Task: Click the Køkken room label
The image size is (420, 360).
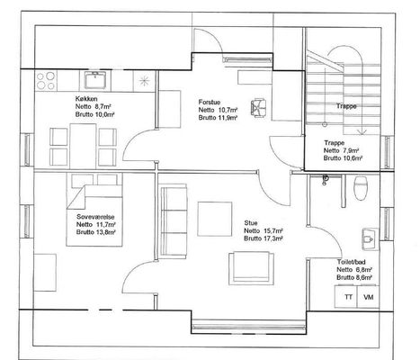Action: pos(86,99)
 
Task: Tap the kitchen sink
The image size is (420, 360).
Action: pos(95,80)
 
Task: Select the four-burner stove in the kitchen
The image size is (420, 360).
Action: pos(46,80)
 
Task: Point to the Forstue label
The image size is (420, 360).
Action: pos(210,103)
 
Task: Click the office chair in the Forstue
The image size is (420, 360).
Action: pos(258,107)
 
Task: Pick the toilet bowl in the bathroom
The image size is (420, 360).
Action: pos(361,188)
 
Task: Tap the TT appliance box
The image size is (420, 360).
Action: pos(348,297)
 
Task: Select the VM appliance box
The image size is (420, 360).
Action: pos(369,297)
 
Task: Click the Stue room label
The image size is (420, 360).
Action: pos(251,223)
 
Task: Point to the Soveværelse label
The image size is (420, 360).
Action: pos(95,217)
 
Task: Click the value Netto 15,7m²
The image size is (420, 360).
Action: pos(264,230)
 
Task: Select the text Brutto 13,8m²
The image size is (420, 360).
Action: pos(96,232)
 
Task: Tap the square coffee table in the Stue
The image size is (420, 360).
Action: pos(215,219)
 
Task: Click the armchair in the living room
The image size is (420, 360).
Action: pos(251,268)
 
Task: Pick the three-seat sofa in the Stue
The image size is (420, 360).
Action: pos(174,222)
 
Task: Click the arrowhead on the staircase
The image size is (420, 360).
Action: pos(362,132)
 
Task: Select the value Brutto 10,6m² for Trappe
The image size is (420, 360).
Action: pos(343,158)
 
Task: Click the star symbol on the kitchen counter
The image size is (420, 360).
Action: pos(144,80)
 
